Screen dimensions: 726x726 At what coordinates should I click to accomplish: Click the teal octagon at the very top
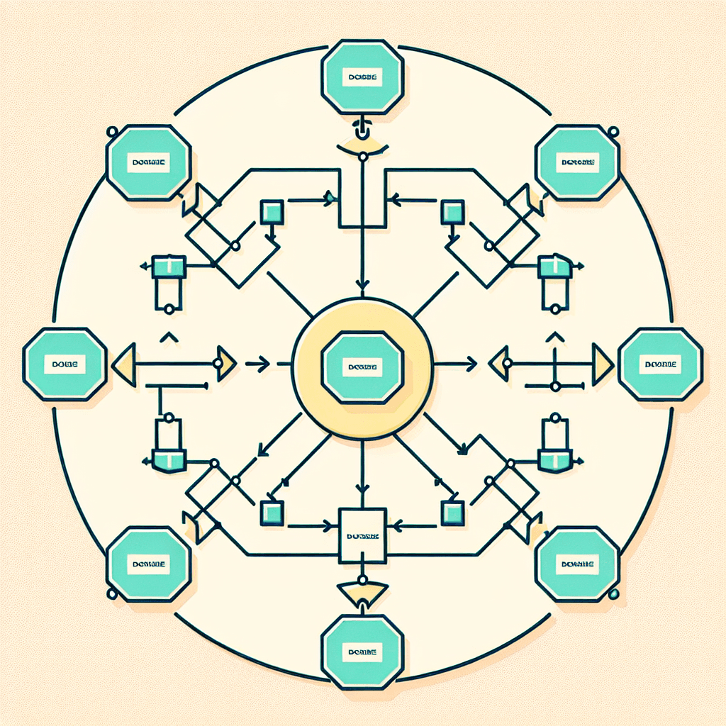coord(362,77)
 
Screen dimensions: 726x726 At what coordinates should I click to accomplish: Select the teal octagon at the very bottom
coord(362,651)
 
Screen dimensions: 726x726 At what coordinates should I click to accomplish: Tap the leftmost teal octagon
coord(65,364)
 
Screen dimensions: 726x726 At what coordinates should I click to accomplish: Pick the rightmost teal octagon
coord(661,364)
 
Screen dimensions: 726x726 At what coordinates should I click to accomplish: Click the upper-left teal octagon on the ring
coord(149,162)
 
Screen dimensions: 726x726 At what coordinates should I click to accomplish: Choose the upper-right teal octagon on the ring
coord(578,162)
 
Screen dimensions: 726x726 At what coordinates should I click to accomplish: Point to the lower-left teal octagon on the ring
coord(149,564)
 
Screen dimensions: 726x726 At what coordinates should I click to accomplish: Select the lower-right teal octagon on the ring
coord(578,564)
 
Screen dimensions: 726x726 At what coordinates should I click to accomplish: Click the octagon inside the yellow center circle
coord(362,366)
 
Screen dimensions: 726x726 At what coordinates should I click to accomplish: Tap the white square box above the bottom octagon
coord(362,535)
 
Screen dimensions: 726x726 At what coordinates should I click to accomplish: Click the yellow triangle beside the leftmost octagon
coord(124,364)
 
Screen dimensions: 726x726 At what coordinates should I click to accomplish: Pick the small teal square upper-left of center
coord(272,211)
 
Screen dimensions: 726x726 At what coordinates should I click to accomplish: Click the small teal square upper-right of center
coord(452,211)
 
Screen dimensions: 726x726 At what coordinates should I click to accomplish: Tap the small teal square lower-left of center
coord(272,512)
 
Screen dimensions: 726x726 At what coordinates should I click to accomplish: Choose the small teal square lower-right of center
coord(452,512)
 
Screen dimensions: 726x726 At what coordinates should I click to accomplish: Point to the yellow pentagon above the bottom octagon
coord(362,590)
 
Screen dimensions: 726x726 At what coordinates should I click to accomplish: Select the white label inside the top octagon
coord(362,77)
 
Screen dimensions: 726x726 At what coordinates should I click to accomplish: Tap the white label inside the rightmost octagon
coord(661,364)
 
